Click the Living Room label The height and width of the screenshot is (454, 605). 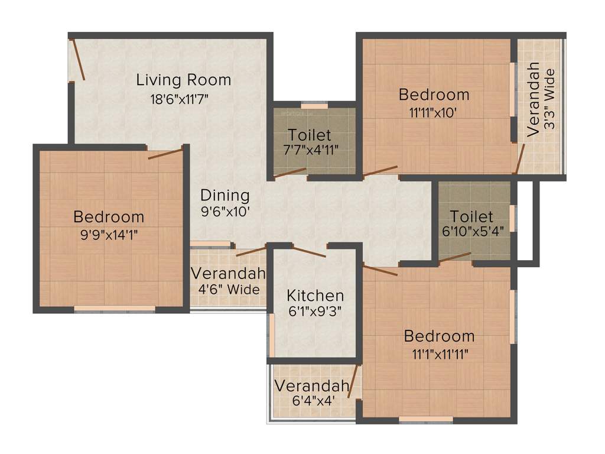184,80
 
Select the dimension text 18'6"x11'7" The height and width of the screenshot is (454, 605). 180,99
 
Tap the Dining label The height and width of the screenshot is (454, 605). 225,195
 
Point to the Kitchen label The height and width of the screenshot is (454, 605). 315,296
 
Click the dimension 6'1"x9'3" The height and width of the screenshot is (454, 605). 315,310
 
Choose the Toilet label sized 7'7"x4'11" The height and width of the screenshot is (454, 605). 310,135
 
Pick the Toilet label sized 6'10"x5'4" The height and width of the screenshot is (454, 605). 471,216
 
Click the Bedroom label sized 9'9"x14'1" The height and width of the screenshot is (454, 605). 109,216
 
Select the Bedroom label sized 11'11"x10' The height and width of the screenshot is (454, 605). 434,95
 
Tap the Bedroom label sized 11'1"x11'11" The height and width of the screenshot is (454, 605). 439,336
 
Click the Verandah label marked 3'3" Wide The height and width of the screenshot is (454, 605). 534,103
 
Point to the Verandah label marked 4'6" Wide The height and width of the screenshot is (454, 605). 228,274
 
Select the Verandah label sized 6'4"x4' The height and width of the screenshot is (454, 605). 311,387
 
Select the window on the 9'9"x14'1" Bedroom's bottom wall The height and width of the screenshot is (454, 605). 115,308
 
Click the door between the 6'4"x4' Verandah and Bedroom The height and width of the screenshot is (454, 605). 354,381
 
